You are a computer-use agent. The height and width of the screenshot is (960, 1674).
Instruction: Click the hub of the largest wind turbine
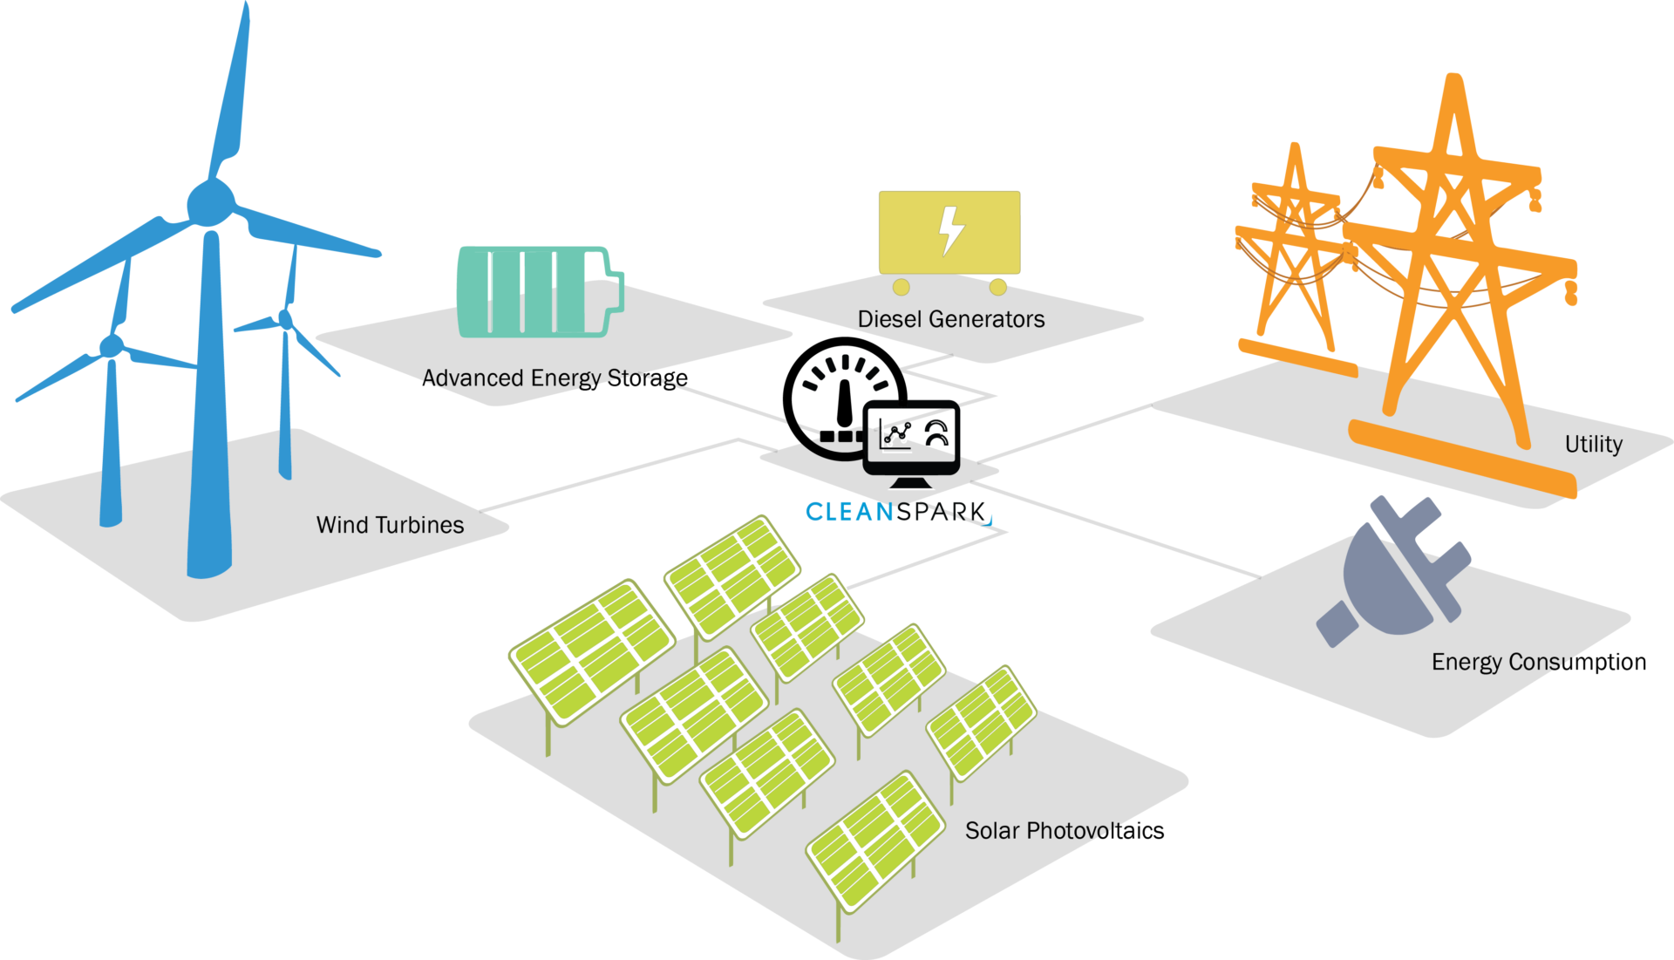coord(210,203)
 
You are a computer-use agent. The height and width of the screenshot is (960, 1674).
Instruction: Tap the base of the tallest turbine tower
coord(209,567)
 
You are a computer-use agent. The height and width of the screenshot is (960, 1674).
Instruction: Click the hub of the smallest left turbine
coord(112,346)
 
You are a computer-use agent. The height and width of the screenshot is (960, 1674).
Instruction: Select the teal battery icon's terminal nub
coord(617,291)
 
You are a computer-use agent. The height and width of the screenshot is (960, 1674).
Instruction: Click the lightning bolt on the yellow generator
coord(950,230)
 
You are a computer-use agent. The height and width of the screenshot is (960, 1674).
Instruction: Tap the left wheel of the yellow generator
coord(902,287)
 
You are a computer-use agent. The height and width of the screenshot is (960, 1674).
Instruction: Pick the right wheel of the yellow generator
coord(998,287)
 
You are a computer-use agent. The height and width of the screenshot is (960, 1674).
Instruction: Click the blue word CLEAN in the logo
coord(849,512)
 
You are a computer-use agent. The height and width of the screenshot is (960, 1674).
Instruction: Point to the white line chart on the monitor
coord(897,437)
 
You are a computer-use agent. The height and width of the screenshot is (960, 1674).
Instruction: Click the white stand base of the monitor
coord(911,486)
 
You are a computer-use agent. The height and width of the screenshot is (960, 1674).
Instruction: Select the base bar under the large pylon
coord(1463,460)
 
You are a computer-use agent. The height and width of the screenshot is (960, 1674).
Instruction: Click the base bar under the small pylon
coord(1297,357)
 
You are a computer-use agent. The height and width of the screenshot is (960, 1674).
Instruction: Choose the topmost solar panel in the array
coord(732,576)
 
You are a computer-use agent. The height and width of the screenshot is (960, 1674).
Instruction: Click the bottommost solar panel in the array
coord(875,841)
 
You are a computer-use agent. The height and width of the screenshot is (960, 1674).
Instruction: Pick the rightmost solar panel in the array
coord(982,723)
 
